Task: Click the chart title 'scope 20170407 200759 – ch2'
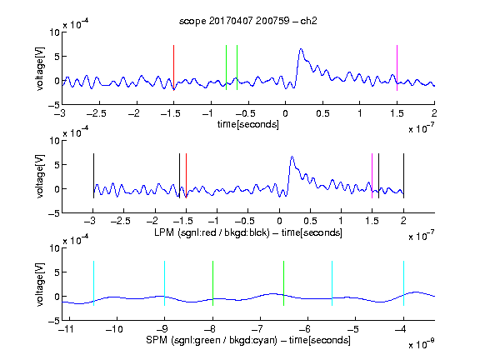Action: tap(248, 21)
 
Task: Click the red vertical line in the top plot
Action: tap(174, 67)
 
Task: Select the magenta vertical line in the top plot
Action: tap(397, 67)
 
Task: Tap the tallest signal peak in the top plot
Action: tap(301, 49)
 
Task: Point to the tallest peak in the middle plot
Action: tap(292, 157)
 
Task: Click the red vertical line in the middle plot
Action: tap(186, 176)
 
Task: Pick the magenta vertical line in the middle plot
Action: tap(372, 176)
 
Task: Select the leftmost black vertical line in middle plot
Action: tap(93, 176)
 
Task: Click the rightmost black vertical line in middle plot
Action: tap(403, 176)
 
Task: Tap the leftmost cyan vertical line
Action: tap(93, 283)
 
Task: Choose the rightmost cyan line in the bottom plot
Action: tap(403, 283)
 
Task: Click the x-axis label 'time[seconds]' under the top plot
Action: tap(248, 124)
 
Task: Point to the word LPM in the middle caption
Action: tap(164, 232)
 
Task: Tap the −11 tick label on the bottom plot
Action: tap(67, 329)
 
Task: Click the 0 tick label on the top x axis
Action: tap(285, 113)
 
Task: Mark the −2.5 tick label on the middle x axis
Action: tap(121, 221)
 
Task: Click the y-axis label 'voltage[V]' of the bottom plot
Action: tap(40, 284)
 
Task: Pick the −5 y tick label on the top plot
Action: tap(54, 105)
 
